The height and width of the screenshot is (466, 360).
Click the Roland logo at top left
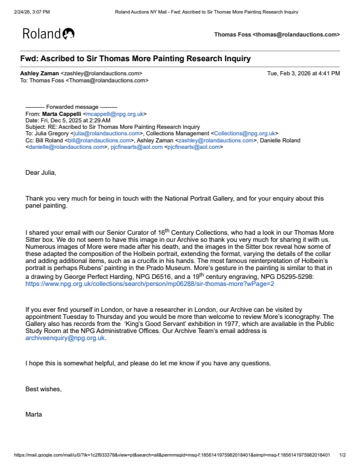[48, 34]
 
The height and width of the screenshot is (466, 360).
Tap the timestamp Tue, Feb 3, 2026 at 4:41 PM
[304, 74]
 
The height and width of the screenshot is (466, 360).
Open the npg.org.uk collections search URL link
[149, 284]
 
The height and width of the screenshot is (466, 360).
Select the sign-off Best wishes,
[44, 389]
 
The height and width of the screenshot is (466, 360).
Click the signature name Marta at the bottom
[34, 414]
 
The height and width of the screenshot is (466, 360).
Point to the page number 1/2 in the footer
[343, 455]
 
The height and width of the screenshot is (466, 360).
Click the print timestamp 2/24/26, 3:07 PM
[32, 11]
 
